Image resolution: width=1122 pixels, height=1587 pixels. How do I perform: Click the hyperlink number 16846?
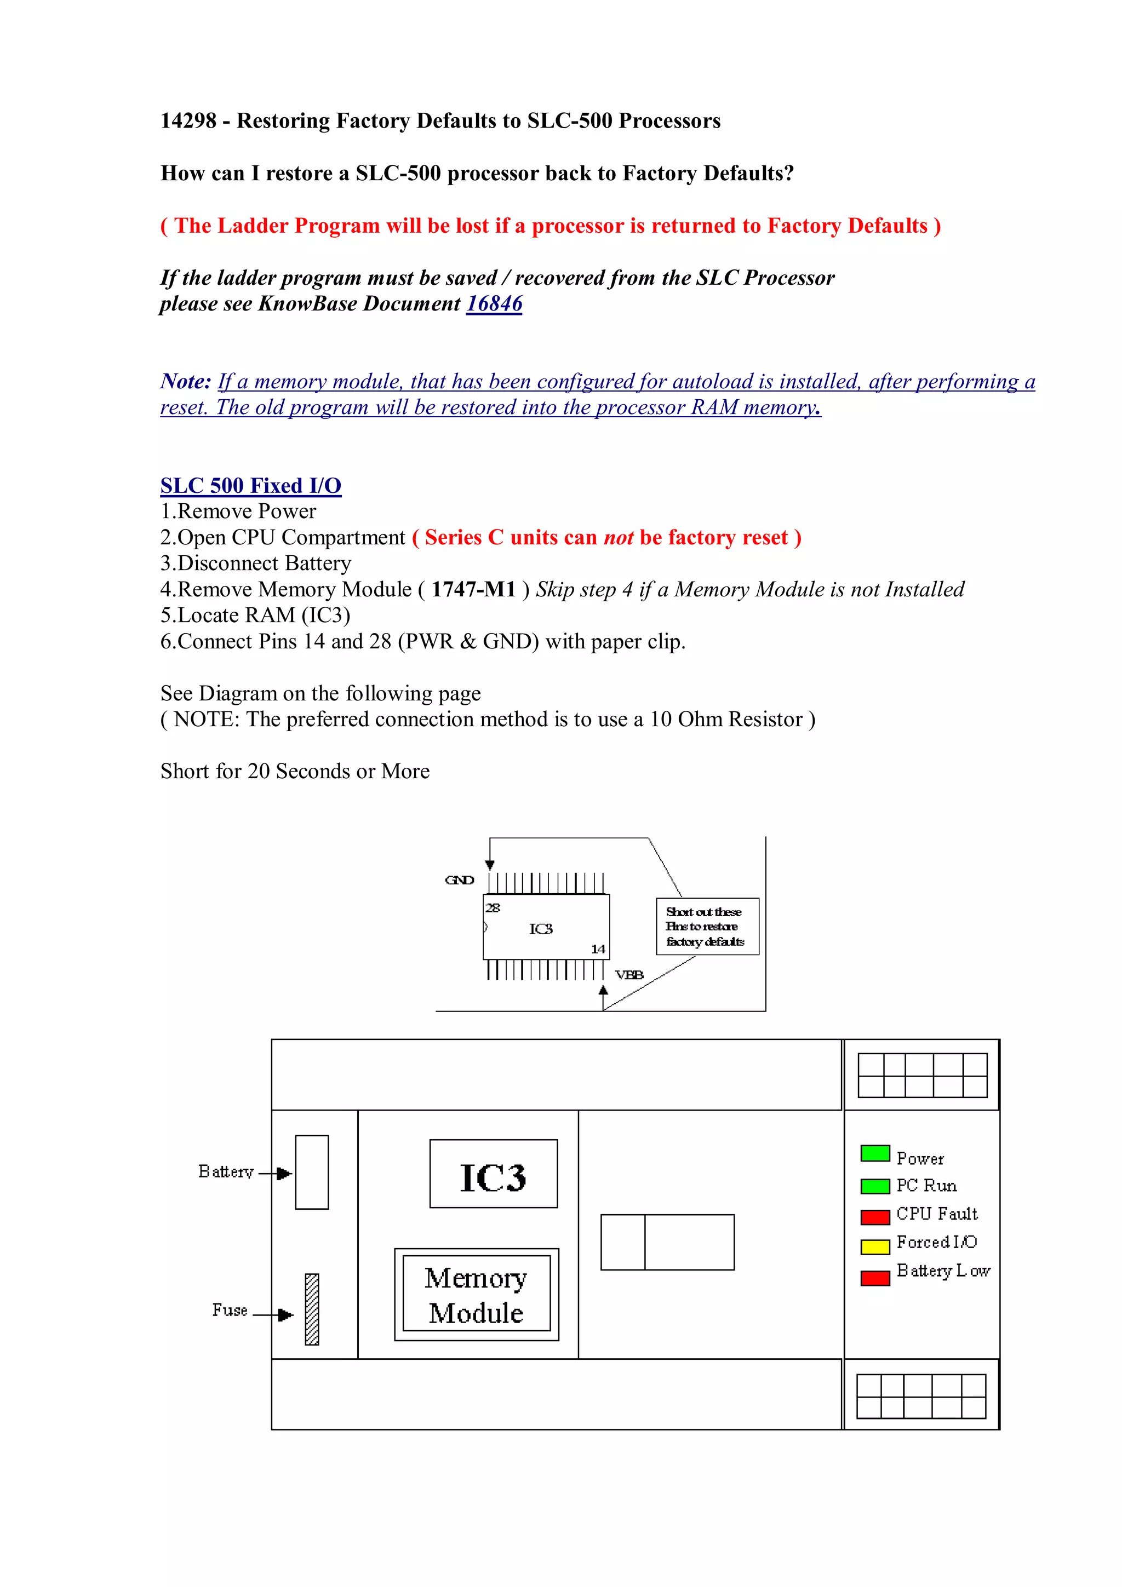pyautogui.click(x=494, y=303)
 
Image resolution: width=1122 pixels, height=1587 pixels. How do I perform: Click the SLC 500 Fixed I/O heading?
pyautogui.click(x=250, y=485)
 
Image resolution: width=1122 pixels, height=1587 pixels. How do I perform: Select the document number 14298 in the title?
pyautogui.click(x=188, y=121)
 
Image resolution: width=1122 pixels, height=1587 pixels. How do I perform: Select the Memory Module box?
pyautogui.click(x=476, y=1295)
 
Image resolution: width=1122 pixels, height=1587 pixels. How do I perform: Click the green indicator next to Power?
pyautogui.click(x=874, y=1153)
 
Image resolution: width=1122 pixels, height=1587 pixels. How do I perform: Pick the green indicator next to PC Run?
pyautogui.click(x=874, y=1186)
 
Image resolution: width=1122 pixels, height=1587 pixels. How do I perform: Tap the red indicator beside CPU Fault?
pyautogui.click(x=874, y=1216)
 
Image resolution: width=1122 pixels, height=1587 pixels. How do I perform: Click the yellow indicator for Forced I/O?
pyautogui.click(x=874, y=1246)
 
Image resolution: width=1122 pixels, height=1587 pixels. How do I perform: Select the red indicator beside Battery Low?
pyautogui.click(x=874, y=1278)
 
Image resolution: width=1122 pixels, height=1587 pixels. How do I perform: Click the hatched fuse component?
pyautogui.click(x=312, y=1309)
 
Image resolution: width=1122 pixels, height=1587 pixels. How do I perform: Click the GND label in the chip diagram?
pyautogui.click(x=459, y=880)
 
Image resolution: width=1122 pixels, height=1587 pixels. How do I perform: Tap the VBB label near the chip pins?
pyautogui.click(x=629, y=975)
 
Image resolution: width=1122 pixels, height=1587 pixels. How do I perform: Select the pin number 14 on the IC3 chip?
pyautogui.click(x=597, y=949)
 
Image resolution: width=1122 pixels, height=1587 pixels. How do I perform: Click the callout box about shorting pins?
pyautogui.click(x=707, y=926)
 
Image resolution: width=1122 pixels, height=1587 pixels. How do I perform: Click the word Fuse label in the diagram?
pyautogui.click(x=230, y=1310)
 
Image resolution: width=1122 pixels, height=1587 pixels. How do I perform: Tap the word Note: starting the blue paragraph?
pyautogui.click(x=185, y=382)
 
